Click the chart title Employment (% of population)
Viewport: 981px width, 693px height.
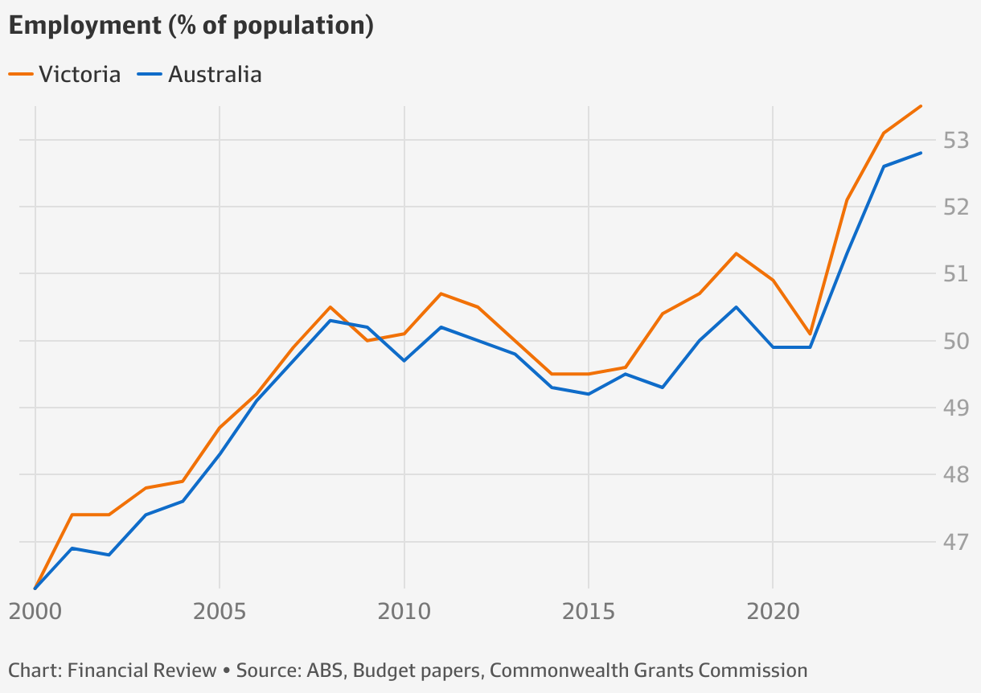point(191,26)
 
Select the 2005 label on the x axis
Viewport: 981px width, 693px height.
point(220,612)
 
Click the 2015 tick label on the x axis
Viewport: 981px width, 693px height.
point(589,612)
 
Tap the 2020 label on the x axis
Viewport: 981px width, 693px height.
point(773,612)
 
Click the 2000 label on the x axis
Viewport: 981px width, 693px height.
point(35,612)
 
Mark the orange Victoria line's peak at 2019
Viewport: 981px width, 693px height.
point(736,253)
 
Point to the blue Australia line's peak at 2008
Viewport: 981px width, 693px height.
point(330,320)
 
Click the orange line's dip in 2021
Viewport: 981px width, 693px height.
point(810,334)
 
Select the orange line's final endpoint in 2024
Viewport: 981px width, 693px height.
point(921,106)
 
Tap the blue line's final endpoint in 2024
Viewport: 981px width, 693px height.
point(921,153)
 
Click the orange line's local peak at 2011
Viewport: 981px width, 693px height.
point(441,293)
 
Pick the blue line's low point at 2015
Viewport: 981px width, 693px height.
point(589,394)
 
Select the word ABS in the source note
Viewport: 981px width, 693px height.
point(325,670)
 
